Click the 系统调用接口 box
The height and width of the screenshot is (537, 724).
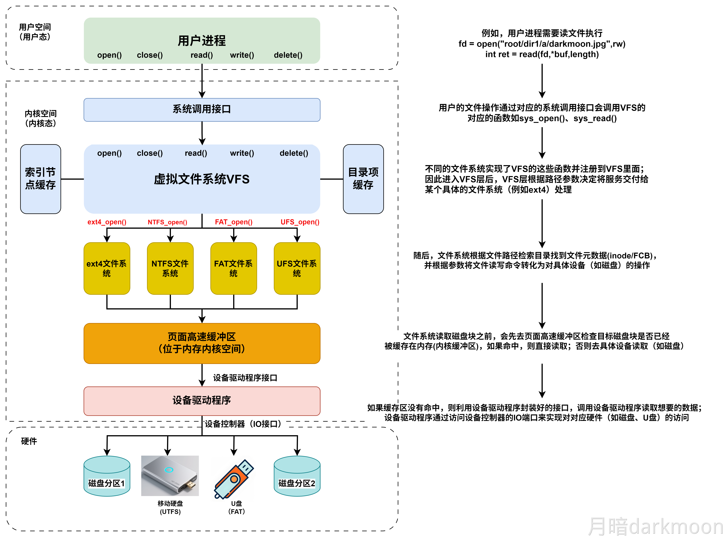click(x=202, y=110)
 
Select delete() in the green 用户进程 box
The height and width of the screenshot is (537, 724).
click(x=288, y=55)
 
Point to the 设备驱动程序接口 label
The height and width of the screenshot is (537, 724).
click(x=245, y=378)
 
